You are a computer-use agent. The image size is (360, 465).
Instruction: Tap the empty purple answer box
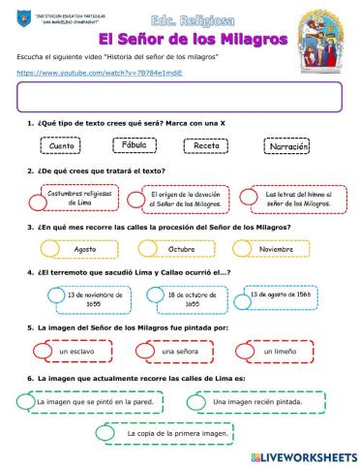tap(180, 97)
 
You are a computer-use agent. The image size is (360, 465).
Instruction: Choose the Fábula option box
tap(135, 146)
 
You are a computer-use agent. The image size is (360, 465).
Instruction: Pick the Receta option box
tap(205, 146)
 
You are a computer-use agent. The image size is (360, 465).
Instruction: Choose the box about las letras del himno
tap(294, 198)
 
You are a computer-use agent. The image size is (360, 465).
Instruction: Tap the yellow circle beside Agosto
tap(49, 249)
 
